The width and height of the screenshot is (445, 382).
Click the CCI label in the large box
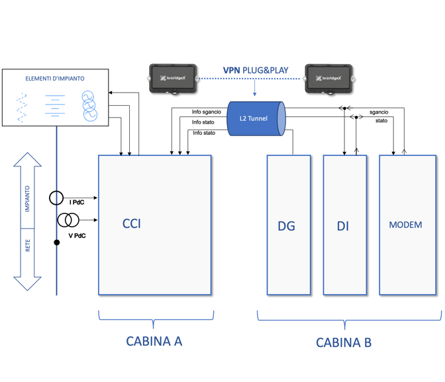pos(132,223)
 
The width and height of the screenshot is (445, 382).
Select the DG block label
pos(287,226)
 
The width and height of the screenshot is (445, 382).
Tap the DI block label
pos(342,226)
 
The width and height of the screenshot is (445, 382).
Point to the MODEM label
pos(405,225)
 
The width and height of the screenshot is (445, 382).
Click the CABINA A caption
pos(154,341)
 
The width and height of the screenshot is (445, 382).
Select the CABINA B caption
pos(344,342)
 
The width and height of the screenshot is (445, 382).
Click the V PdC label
pos(76,235)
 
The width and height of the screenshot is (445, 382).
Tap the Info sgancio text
pos(206,112)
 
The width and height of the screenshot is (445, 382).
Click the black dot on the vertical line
pos(57,243)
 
